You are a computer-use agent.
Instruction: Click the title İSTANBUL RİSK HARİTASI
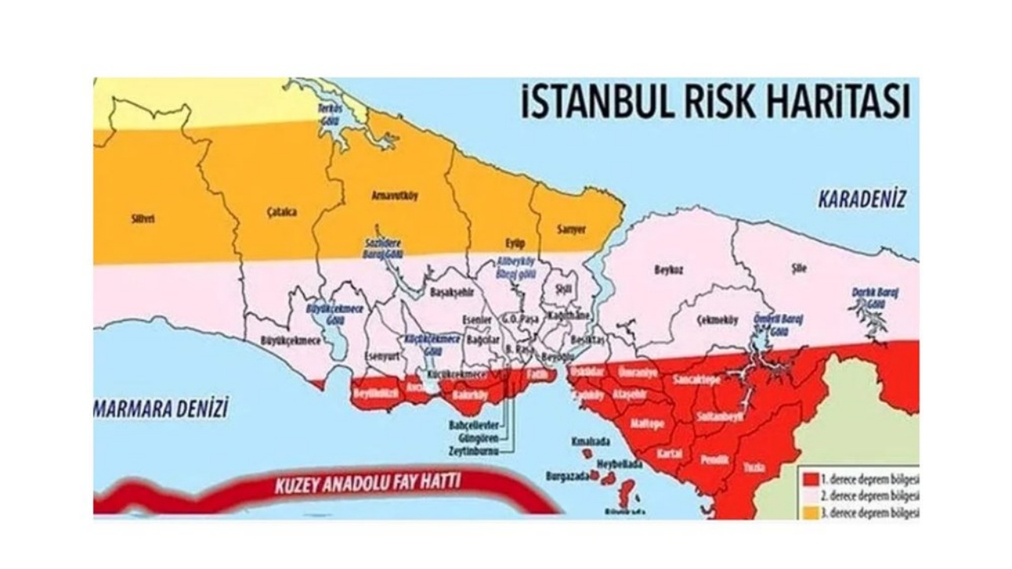716,103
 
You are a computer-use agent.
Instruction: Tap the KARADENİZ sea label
861,198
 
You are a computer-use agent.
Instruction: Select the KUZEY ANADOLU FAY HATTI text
367,484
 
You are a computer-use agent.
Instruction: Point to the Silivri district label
142,219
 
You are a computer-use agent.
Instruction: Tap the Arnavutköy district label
393,194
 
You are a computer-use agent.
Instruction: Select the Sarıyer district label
572,230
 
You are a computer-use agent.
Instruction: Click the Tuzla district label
753,468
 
